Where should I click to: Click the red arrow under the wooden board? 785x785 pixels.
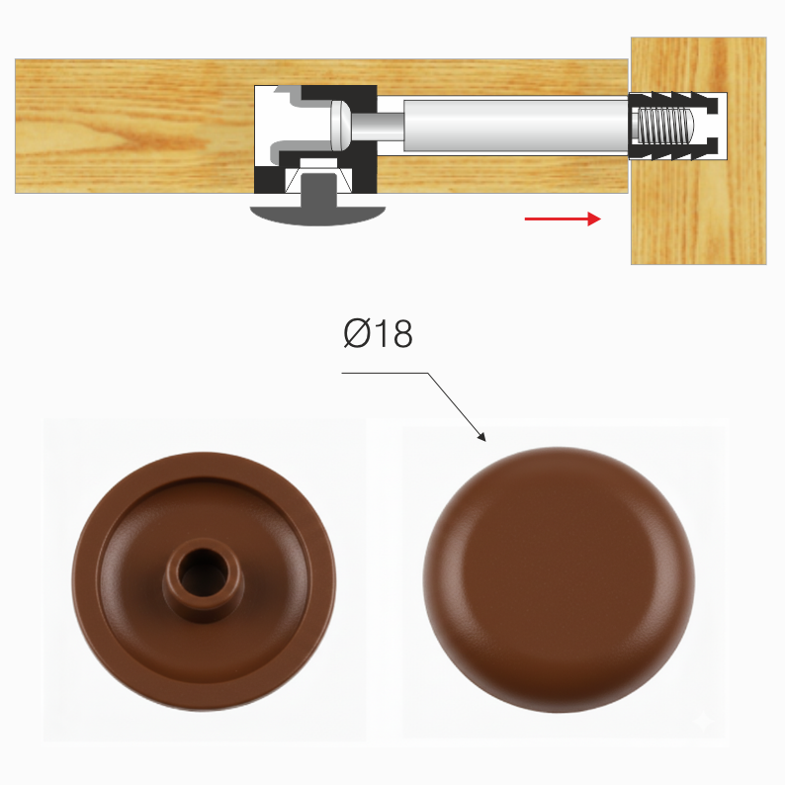point(563,218)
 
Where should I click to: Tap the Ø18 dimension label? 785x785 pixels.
point(378,333)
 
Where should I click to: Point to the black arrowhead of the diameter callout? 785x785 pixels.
point(481,437)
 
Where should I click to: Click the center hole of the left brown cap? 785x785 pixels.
point(203,571)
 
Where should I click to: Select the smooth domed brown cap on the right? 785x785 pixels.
point(559,579)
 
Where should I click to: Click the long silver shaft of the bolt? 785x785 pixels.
point(516,126)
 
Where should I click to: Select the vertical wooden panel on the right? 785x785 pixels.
point(698,150)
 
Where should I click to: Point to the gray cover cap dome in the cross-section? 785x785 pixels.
point(317,214)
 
